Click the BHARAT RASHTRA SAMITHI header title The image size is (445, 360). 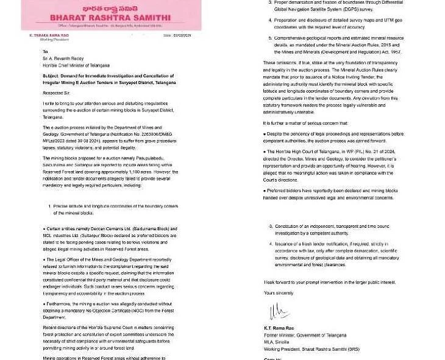click(x=110, y=19)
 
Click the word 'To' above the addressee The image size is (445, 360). click(x=45, y=52)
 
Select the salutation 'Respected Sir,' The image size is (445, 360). click(x=56, y=93)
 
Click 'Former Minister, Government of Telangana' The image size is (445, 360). click(x=305, y=335)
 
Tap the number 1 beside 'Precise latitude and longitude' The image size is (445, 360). click(x=49, y=206)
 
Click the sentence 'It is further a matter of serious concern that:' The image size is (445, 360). click(x=306, y=123)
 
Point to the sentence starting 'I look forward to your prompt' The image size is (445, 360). click(x=329, y=282)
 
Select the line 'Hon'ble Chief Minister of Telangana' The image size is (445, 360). click(x=80, y=66)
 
